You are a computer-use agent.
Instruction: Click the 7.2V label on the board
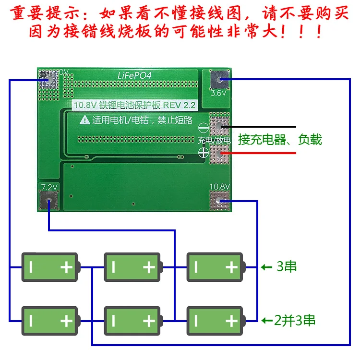(x=48, y=187)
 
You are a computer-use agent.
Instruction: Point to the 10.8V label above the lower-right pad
(x=219, y=186)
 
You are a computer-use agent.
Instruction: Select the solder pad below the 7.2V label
(x=48, y=201)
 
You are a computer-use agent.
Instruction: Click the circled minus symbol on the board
(x=203, y=128)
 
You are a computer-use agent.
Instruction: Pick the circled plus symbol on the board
(x=203, y=152)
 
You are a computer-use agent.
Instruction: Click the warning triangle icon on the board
(x=84, y=120)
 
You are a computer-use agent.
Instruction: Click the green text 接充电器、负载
(x=280, y=140)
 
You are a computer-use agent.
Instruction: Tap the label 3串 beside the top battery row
(x=287, y=266)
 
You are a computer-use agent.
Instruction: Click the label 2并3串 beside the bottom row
(x=293, y=320)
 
